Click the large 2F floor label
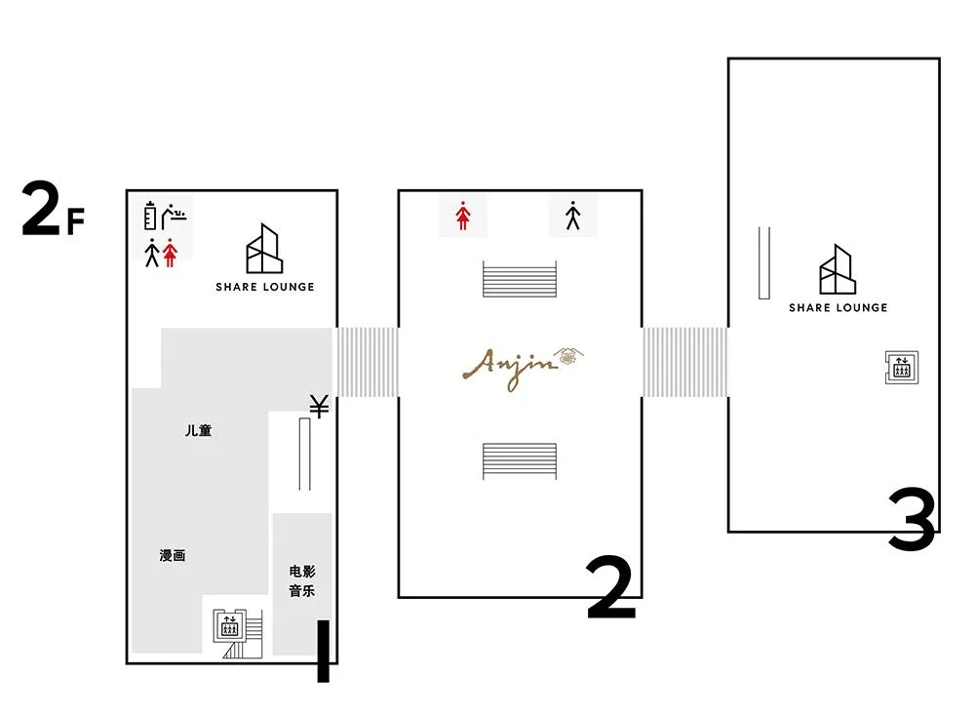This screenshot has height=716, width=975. tap(53, 209)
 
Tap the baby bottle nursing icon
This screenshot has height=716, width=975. tap(150, 216)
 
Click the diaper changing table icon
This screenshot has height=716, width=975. tap(175, 216)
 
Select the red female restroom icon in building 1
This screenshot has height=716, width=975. tap(170, 253)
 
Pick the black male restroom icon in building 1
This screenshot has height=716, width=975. tap(152, 253)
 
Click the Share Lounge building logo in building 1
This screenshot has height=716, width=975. tap(264, 248)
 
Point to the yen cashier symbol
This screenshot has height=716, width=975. tap(320, 406)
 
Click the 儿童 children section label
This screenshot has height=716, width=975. tap(198, 430)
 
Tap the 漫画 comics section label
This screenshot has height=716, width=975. tap(173, 555)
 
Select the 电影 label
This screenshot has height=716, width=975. tap(302, 571)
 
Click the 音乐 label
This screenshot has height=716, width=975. tap(302, 591)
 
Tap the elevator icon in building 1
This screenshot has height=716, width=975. tap(230, 626)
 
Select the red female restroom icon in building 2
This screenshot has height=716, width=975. tap(462, 216)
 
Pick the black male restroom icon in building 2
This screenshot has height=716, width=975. tap(572, 216)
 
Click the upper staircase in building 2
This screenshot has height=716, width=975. tap(520, 279)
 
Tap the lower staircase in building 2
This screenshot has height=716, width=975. tap(520, 461)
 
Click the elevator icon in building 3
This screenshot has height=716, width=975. tap(902, 368)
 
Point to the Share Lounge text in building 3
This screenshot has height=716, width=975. tap(838, 307)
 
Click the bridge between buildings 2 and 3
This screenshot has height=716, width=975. tap(684, 362)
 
